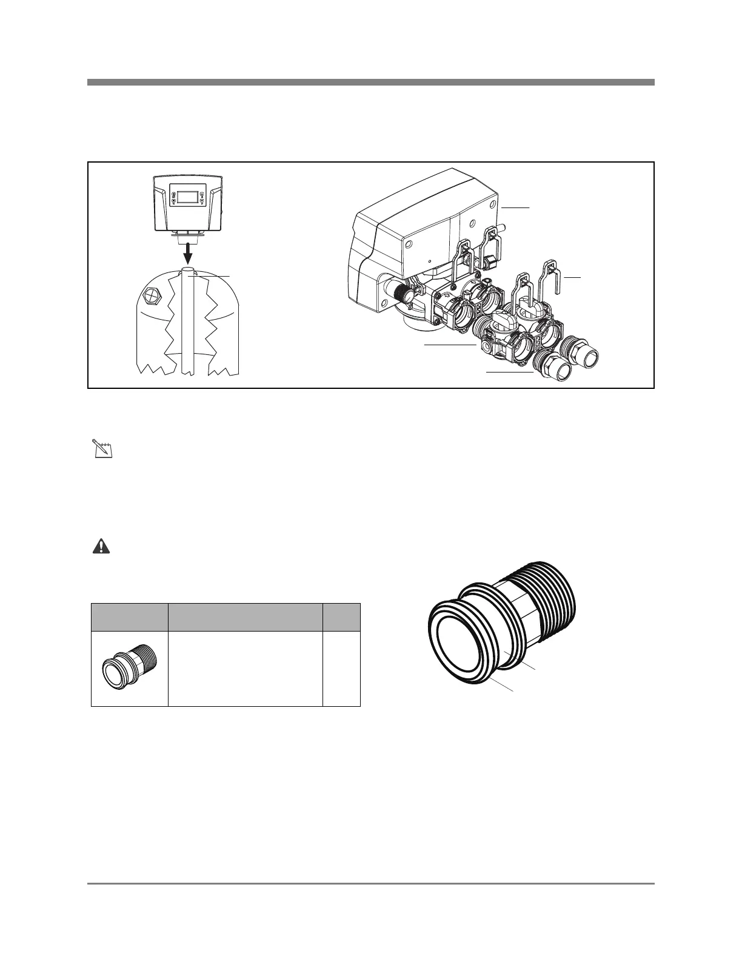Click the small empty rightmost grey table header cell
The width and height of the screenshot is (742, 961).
341,617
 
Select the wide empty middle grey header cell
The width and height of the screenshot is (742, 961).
245,617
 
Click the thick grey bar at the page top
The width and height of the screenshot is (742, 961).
370,82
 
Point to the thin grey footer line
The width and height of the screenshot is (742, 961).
370,884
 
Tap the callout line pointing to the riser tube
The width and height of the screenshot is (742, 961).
212,276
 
